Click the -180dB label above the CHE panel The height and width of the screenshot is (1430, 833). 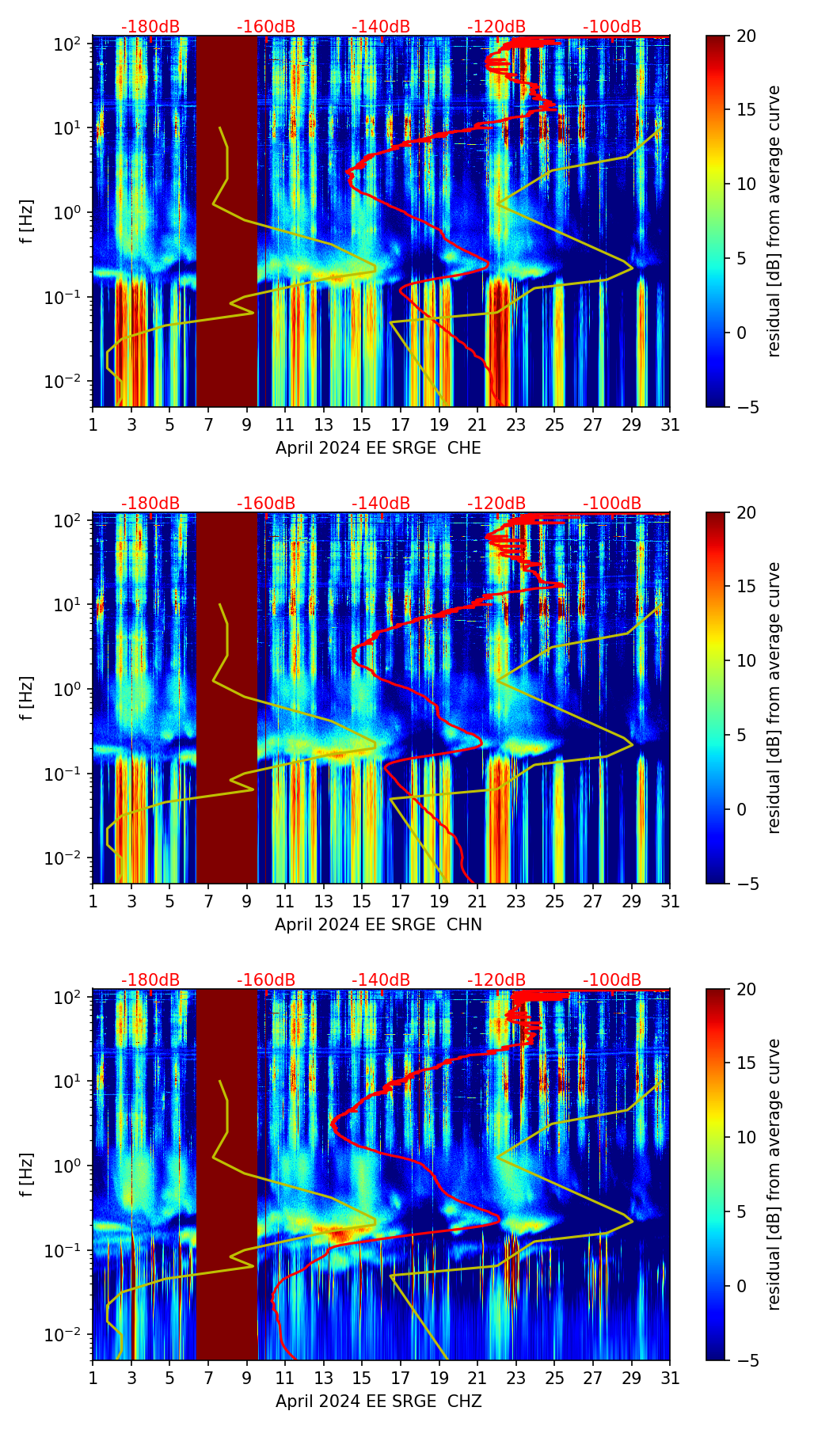[x=150, y=27]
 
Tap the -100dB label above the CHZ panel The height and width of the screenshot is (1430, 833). [x=612, y=980]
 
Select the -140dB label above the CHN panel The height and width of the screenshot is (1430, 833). [x=381, y=504]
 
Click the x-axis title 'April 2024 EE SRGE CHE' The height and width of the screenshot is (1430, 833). [x=378, y=448]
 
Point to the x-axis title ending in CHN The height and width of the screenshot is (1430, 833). [x=378, y=925]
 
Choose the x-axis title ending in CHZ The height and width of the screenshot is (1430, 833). [x=378, y=1401]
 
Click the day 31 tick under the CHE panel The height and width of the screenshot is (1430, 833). [x=670, y=424]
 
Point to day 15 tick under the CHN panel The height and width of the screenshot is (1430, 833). [x=362, y=901]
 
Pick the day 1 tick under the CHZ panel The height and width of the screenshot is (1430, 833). [x=93, y=1378]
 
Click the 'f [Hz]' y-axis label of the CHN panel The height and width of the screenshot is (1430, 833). [x=27, y=698]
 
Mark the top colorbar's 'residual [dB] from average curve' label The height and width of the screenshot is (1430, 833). [x=774, y=221]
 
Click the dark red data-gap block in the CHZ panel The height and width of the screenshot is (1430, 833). [x=226, y=1174]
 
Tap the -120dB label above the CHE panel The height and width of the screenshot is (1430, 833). [x=496, y=27]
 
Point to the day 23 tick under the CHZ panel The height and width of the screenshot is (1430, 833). [x=516, y=1378]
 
